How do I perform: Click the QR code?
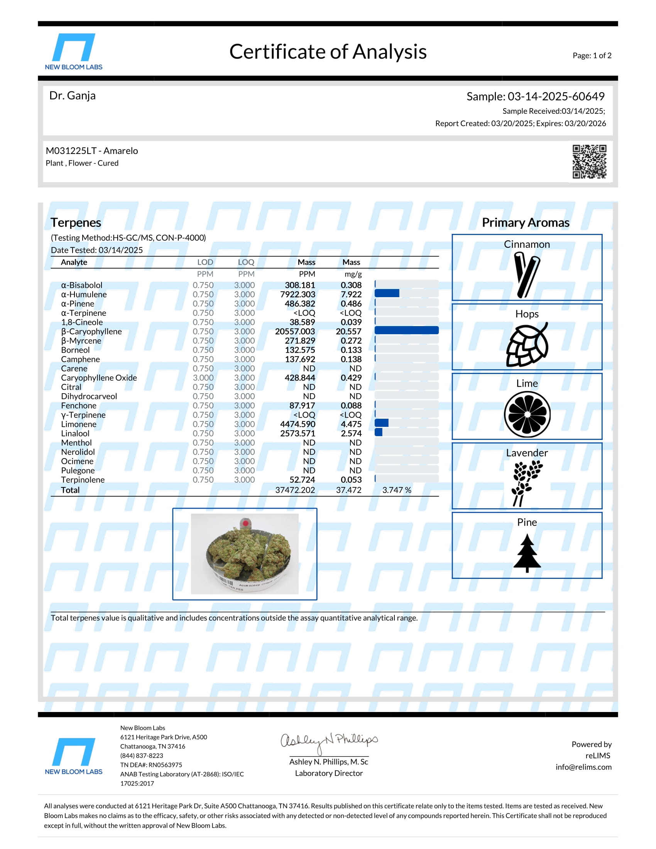click(x=589, y=161)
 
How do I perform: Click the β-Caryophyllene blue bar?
click(x=406, y=330)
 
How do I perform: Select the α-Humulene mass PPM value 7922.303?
click(x=297, y=294)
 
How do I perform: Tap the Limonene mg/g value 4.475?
click(x=351, y=424)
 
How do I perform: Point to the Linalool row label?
click(x=75, y=433)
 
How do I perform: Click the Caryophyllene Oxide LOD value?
click(x=203, y=378)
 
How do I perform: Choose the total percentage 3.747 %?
click(x=396, y=490)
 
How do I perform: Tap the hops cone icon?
click(x=527, y=344)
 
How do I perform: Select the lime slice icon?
click(x=527, y=414)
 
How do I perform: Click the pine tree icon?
click(x=527, y=553)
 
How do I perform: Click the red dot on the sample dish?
click(x=245, y=523)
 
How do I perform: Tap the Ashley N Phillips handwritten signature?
click(x=328, y=741)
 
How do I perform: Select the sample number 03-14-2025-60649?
click(x=556, y=96)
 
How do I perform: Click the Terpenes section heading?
click(x=76, y=222)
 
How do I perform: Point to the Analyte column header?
click(x=74, y=262)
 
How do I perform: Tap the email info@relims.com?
click(x=583, y=767)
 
